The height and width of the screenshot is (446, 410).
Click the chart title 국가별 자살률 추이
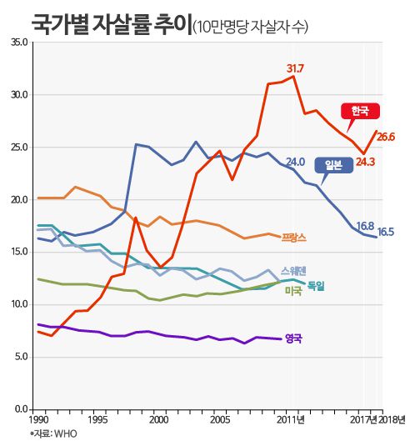110,23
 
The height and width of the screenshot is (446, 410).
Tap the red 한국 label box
360,110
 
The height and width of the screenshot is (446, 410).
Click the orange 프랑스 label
294,238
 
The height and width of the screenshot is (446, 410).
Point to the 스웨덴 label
292,271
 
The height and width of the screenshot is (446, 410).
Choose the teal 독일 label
316,286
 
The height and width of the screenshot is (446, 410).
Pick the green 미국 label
293,290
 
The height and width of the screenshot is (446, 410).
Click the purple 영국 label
293,338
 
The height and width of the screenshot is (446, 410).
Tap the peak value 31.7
295,68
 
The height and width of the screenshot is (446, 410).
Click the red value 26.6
385,137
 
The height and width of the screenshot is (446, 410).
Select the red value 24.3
365,161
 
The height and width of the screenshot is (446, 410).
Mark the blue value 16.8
364,226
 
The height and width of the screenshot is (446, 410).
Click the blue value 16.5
386,232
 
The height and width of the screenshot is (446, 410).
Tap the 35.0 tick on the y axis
20,42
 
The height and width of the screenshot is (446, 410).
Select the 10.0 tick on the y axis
20,304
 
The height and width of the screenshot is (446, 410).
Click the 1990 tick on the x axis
37,419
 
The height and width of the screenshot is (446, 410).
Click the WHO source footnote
53,433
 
